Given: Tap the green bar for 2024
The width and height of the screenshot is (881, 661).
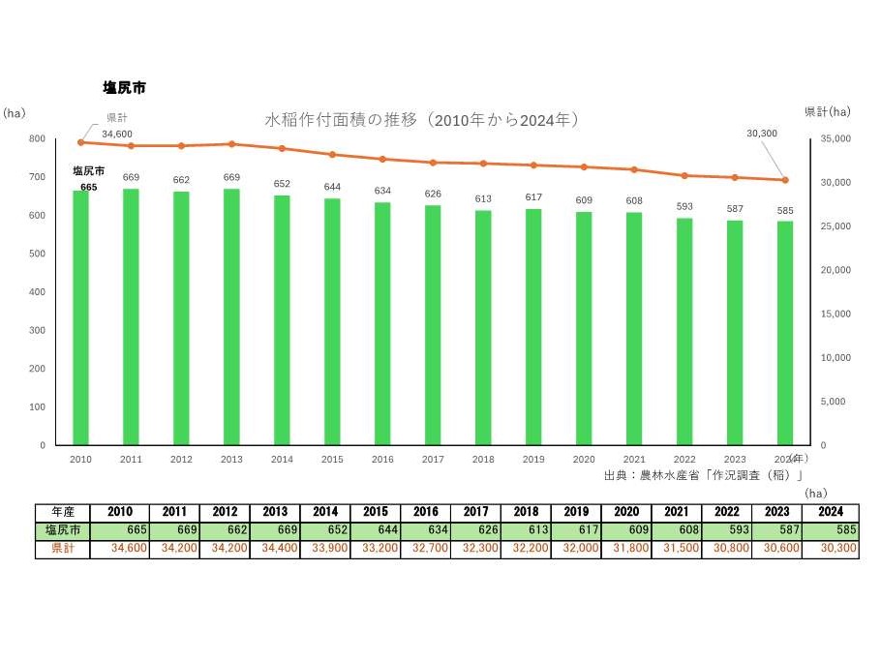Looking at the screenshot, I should click(x=785, y=333).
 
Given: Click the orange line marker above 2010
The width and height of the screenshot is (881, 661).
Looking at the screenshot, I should click(x=80, y=142).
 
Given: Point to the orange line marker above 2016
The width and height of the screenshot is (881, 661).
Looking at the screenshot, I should click(x=382, y=159).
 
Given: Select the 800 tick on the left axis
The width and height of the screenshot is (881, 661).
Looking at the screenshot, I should click(x=37, y=138).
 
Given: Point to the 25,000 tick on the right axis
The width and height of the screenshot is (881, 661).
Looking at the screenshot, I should click(x=835, y=226).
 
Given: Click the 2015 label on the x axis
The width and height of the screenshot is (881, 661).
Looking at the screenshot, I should click(x=332, y=459).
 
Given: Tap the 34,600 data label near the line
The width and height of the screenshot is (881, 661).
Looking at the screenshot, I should click(x=117, y=133).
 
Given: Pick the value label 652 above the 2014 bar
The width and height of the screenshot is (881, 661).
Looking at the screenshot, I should click(x=282, y=184).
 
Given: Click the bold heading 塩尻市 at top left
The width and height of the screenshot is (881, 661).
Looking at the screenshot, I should click(x=125, y=88).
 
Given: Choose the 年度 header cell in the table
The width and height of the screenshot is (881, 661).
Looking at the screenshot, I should click(x=63, y=512).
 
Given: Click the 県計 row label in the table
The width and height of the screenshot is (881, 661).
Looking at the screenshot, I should click(x=63, y=549).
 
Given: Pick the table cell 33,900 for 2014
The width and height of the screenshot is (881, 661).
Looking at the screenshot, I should click(x=324, y=549).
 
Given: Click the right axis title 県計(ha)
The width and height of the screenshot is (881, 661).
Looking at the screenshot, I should click(x=827, y=112).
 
